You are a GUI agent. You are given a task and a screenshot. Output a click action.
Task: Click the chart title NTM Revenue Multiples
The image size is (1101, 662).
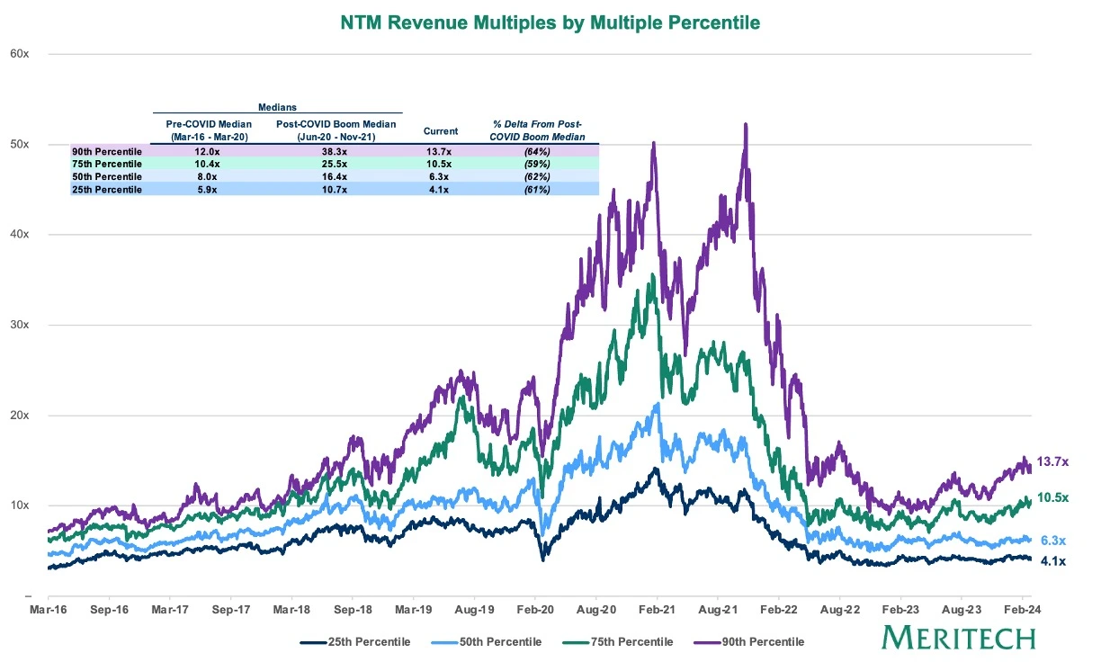point(550,22)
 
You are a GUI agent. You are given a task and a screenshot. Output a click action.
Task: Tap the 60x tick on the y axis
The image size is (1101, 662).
point(21,54)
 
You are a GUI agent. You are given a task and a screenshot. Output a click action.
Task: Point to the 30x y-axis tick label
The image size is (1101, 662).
point(21,325)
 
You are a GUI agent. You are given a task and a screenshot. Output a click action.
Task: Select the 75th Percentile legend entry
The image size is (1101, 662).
point(626,641)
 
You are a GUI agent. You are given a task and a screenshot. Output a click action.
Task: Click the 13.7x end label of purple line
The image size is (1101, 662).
point(1052,461)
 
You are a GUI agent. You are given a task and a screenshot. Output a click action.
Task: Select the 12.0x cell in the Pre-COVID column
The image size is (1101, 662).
point(209,152)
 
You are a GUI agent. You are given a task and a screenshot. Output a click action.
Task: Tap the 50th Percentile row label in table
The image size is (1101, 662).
point(107,177)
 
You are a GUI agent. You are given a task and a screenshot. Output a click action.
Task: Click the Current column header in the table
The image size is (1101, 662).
point(441,131)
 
